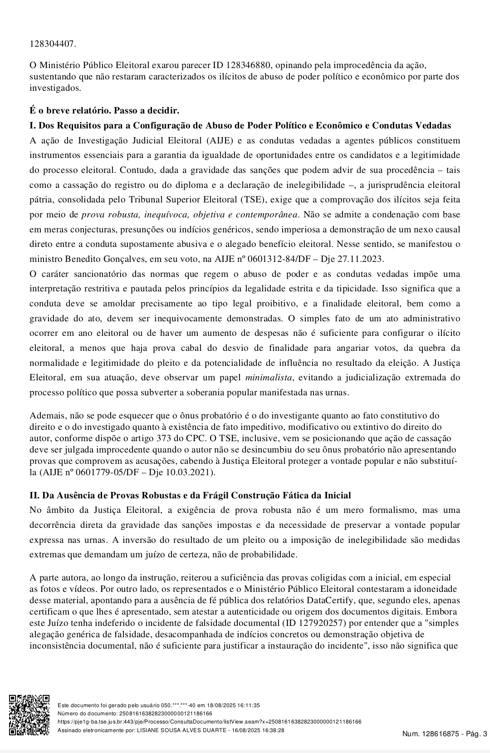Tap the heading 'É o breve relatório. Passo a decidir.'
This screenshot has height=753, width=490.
104,110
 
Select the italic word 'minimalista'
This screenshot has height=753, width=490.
269,377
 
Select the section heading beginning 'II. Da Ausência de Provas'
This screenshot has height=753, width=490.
190,495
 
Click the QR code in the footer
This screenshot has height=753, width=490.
29,714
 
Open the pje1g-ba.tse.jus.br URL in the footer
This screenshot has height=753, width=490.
209,722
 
